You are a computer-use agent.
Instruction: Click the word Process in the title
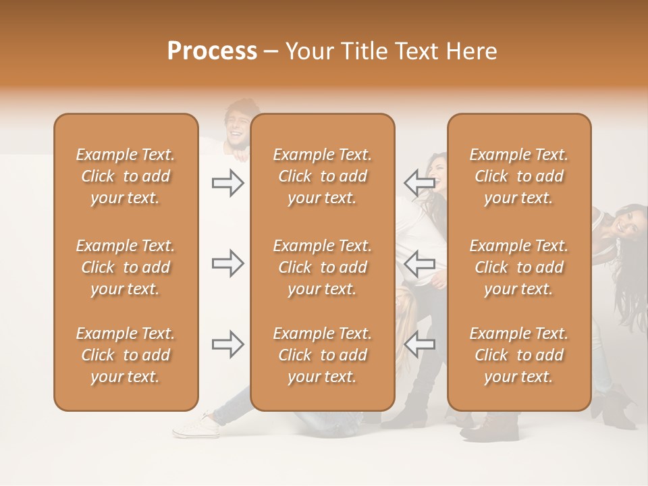coord(212,51)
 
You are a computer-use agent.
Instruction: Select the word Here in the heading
coord(472,51)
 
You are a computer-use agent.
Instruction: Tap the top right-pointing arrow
coord(227,183)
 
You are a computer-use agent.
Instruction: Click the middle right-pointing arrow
coord(227,263)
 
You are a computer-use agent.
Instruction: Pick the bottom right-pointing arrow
coord(227,344)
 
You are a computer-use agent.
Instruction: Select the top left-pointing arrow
coord(419,182)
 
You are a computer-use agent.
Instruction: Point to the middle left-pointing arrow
coord(419,263)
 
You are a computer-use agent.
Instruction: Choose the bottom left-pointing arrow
coord(419,344)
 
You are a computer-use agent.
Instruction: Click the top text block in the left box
coord(126,176)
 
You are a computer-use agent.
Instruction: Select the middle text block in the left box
coord(126,267)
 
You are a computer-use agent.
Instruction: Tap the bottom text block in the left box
coord(126,355)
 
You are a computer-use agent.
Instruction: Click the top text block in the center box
coord(323,176)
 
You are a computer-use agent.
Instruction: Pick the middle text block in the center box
coord(323,267)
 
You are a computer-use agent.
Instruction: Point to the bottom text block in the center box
coord(323,355)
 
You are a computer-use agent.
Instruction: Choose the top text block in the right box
coord(519,176)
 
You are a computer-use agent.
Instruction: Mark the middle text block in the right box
coord(519,267)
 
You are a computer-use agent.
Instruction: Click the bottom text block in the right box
coord(519,355)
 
